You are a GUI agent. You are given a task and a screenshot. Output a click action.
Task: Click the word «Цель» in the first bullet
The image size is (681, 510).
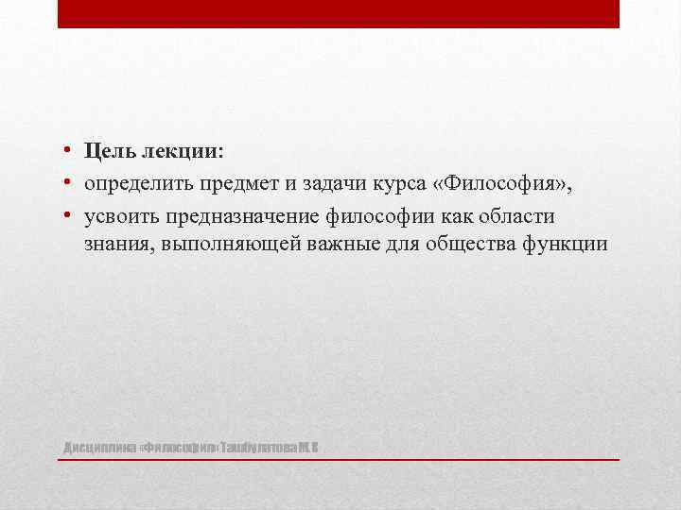[x=110, y=151]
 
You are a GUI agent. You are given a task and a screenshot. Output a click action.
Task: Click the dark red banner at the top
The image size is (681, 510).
[x=339, y=14]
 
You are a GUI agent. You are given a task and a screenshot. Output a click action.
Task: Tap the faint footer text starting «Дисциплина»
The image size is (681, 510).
[x=189, y=446]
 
